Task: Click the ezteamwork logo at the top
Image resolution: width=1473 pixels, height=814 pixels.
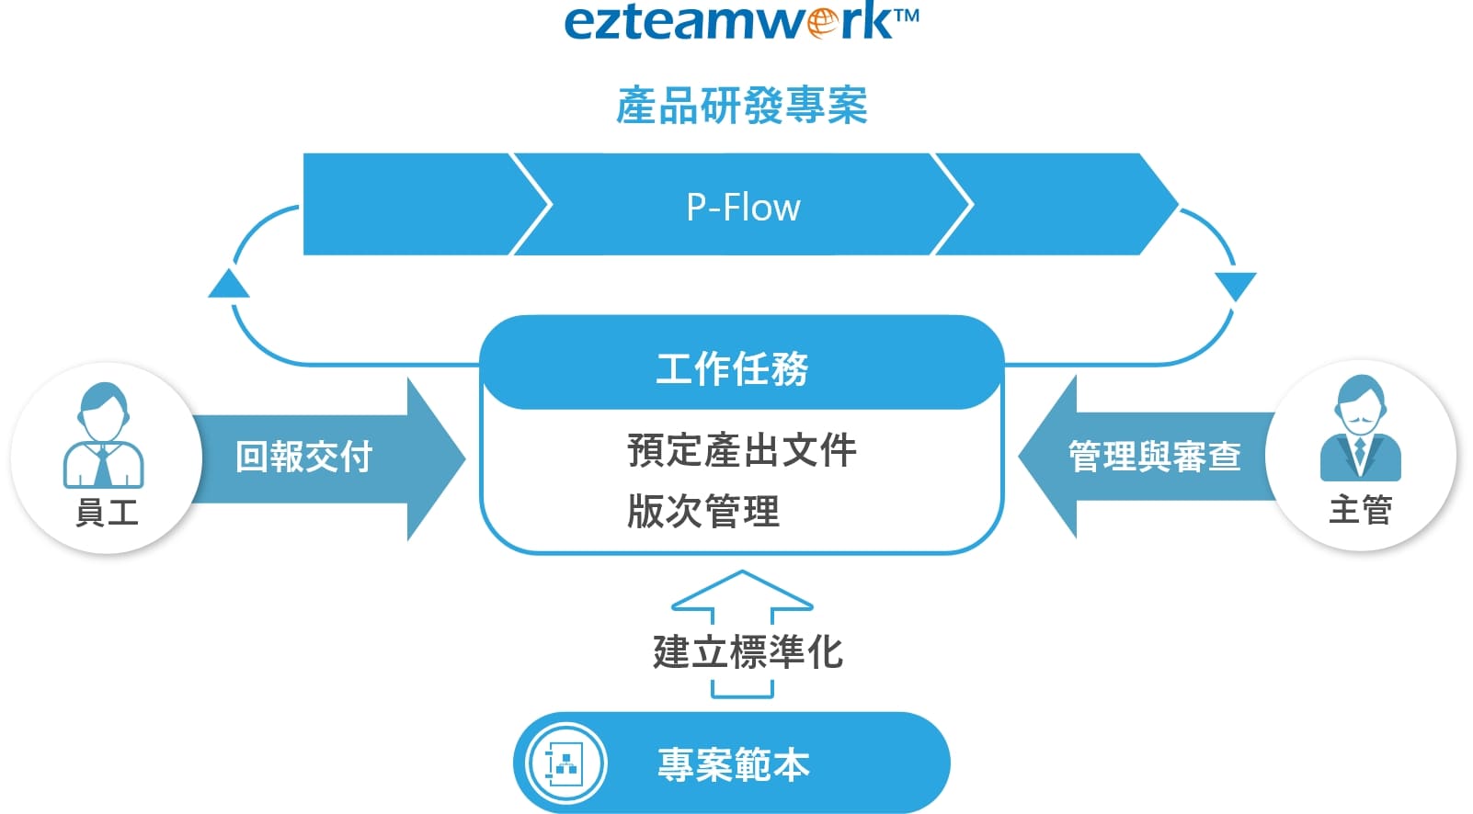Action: (740, 22)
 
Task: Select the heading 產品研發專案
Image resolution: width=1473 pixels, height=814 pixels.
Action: (741, 106)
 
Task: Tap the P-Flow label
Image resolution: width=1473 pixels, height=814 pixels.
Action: (743, 207)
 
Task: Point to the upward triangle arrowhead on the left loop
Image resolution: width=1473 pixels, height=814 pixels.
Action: (229, 284)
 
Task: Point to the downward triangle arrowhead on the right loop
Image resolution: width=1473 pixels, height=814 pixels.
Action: (1235, 286)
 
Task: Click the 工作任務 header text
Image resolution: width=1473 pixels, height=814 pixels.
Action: (732, 368)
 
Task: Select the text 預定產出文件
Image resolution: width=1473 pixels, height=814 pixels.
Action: (741, 450)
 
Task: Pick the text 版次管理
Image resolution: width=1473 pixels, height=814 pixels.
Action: (703, 511)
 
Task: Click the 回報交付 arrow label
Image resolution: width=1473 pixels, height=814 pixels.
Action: (303, 457)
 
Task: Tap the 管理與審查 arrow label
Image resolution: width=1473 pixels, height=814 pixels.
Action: (1155, 457)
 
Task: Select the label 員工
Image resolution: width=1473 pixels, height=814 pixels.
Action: (107, 512)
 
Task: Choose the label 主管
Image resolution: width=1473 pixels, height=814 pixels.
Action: (1360, 509)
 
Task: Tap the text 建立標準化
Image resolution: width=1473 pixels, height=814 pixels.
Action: (748, 652)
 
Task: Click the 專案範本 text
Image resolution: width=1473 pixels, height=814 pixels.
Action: (734, 764)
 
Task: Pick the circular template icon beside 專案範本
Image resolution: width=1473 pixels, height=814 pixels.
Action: (565, 763)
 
